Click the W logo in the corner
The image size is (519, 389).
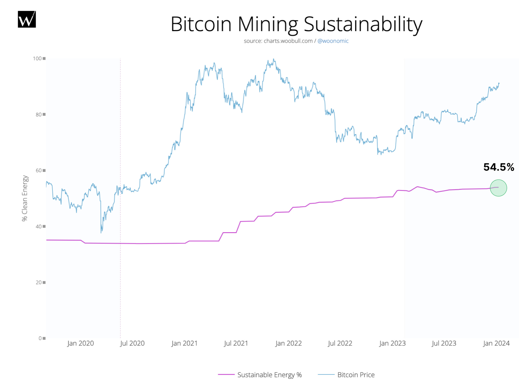[x=27, y=19]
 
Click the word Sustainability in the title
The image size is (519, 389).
[x=363, y=24]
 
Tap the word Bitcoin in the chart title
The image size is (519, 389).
[x=201, y=24]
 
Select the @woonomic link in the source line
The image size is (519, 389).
[x=333, y=41]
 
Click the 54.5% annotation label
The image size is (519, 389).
[x=499, y=167]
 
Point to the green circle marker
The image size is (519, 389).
[x=498, y=188]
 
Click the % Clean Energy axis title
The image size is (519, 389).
[x=25, y=198]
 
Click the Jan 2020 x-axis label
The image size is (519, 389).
[x=80, y=343]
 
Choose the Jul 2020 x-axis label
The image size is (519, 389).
[x=132, y=343]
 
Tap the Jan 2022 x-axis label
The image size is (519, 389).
[x=288, y=343]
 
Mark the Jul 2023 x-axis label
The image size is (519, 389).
[x=444, y=343]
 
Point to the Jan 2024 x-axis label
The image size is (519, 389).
[x=496, y=343]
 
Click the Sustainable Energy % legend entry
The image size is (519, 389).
[x=269, y=375]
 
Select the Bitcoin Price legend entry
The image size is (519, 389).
[x=356, y=375]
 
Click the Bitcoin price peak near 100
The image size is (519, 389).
[x=273, y=59]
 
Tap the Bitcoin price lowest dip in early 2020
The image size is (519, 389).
[x=101, y=232]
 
